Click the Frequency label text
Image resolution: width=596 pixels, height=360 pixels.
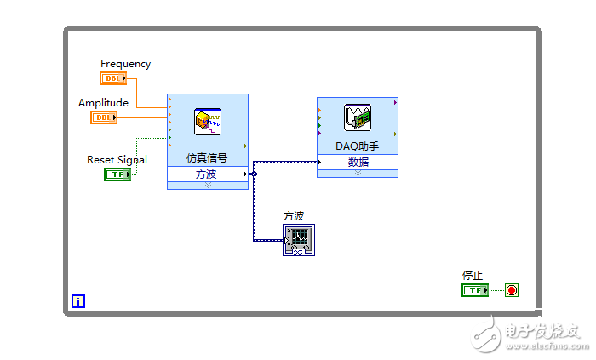[125, 64]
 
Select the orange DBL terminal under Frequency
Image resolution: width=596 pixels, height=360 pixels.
[113, 78]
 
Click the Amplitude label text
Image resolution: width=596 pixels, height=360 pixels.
[103, 103]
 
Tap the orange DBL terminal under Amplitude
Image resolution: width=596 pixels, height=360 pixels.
[104, 117]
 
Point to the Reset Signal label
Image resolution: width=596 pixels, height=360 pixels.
[117, 160]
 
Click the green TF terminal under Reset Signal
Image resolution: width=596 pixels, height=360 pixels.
[117, 174]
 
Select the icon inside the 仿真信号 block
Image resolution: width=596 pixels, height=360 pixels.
[208, 122]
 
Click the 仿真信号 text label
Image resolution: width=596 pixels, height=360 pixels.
[207, 158]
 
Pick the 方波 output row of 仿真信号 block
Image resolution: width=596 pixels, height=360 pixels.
[207, 174]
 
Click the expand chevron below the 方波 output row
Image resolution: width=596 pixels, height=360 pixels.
[207, 185]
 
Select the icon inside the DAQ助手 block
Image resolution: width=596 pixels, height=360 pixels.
[357, 118]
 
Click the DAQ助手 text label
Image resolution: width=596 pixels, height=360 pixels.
[357, 146]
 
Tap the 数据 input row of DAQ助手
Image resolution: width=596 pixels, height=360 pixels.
[358, 162]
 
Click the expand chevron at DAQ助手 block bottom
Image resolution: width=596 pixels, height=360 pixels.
[358, 173]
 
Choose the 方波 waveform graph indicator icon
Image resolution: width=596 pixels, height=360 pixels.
[299, 240]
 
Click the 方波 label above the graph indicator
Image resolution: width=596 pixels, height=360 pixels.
[294, 216]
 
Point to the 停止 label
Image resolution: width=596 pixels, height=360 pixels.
[472, 276]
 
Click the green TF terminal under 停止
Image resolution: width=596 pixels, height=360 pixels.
[474, 290]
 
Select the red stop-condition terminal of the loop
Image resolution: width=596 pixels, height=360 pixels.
[511, 290]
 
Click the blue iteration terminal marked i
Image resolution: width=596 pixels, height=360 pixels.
[78, 300]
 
